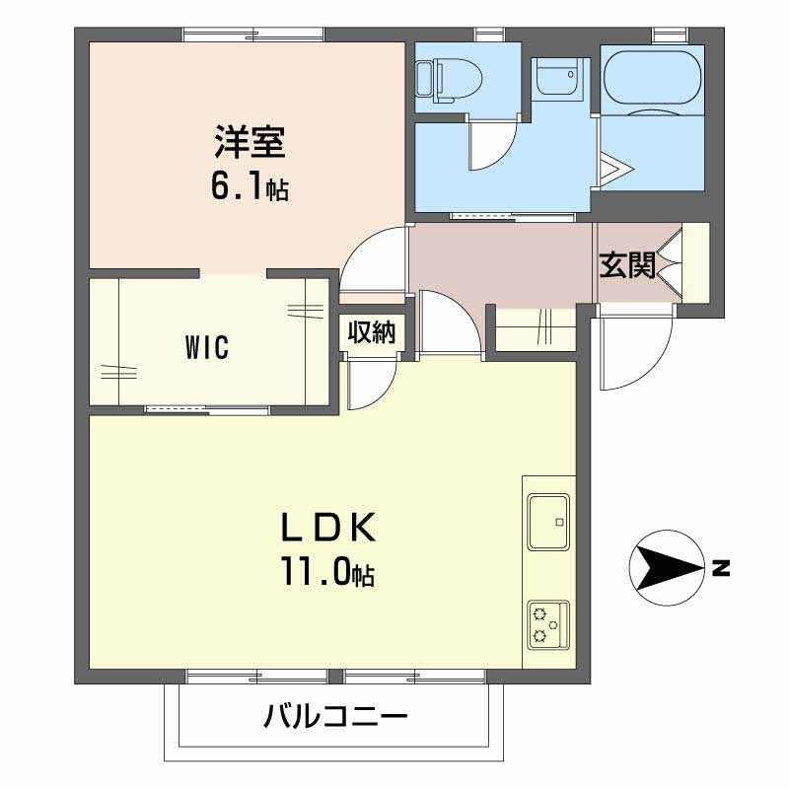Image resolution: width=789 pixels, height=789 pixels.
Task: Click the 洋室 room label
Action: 251,142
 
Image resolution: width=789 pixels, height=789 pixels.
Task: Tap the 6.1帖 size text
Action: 250,187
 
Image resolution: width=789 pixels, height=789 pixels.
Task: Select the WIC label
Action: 207,347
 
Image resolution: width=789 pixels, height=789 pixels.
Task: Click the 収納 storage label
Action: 372,332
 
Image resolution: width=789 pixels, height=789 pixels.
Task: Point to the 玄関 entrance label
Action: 627,264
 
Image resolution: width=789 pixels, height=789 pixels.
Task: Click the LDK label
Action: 327,527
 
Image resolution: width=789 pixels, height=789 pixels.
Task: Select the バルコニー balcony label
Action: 335,717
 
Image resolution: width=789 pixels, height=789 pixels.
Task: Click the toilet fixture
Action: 450,81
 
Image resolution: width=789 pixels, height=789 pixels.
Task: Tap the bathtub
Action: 652,78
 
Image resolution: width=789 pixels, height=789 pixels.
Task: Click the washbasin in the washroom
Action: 558,77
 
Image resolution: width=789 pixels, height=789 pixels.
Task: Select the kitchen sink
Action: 548,522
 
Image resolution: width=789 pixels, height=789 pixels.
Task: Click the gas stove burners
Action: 548,625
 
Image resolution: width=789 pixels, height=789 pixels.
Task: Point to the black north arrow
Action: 668,568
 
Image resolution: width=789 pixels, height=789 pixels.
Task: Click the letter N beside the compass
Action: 721,568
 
